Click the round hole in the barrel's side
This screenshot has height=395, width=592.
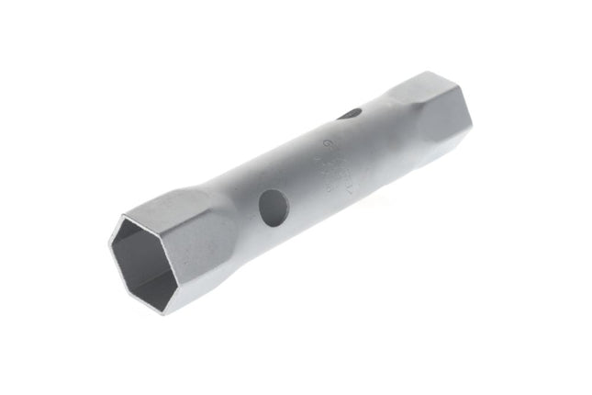274,208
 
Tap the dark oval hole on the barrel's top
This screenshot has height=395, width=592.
350,114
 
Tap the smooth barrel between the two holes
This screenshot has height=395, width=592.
307,165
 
